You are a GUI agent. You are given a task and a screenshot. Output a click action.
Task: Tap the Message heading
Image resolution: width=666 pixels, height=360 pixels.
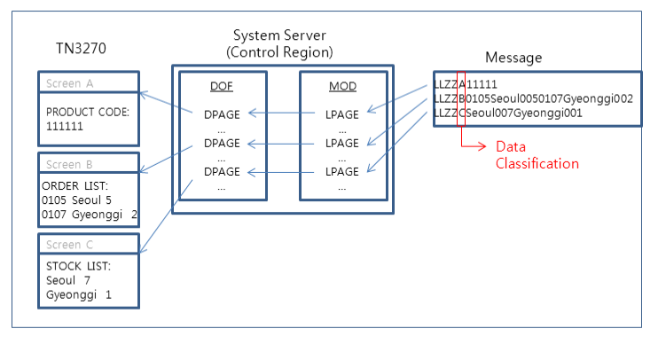point(513,58)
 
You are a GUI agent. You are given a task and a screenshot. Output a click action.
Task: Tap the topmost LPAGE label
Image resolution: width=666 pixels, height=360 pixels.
point(342,113)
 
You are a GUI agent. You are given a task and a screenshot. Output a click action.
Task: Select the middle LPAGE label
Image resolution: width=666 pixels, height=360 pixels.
point(342,143)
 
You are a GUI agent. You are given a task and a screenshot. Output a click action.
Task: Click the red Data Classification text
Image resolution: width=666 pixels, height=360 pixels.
point(537,155)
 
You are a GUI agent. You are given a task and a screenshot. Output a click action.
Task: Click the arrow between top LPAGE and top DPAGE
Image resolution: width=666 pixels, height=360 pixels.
point(284,113)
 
